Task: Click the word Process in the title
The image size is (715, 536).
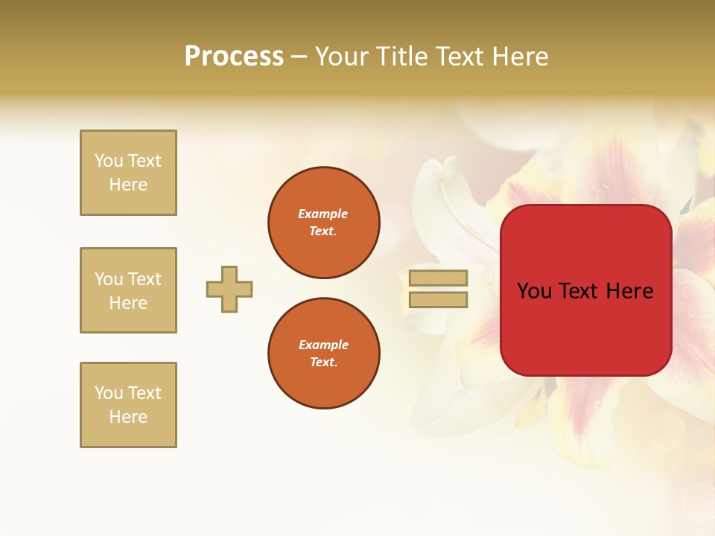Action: click(x=234, y=57)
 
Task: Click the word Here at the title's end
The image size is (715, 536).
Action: click(x=519, y=57)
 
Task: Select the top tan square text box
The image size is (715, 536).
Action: click(x=128, y=173)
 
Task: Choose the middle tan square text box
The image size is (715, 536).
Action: click(x=128, y=290)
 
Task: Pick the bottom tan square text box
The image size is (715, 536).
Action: click(x=128, y=405)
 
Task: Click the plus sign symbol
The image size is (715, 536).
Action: click(x=229, y=289)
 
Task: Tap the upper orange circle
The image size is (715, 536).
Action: click(x=323, y=223)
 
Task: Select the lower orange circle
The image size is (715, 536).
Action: click(x=323, y=354)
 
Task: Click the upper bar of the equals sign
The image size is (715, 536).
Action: click(x=438, y=278)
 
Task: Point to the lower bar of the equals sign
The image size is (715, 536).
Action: click(x=438, y=299)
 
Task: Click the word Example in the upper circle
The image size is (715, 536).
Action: click(x=323, y=214)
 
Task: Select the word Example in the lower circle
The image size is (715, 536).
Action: click(x=323, y=345)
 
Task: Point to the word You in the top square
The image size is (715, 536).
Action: click(x=108, y=161)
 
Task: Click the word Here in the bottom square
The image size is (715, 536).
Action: click(x=128, y=417)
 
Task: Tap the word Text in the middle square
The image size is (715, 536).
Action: click(x=144, y=279)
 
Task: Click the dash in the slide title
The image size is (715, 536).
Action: click(x=299, y=57)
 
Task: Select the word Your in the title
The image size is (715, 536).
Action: click(x=342, y=57)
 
